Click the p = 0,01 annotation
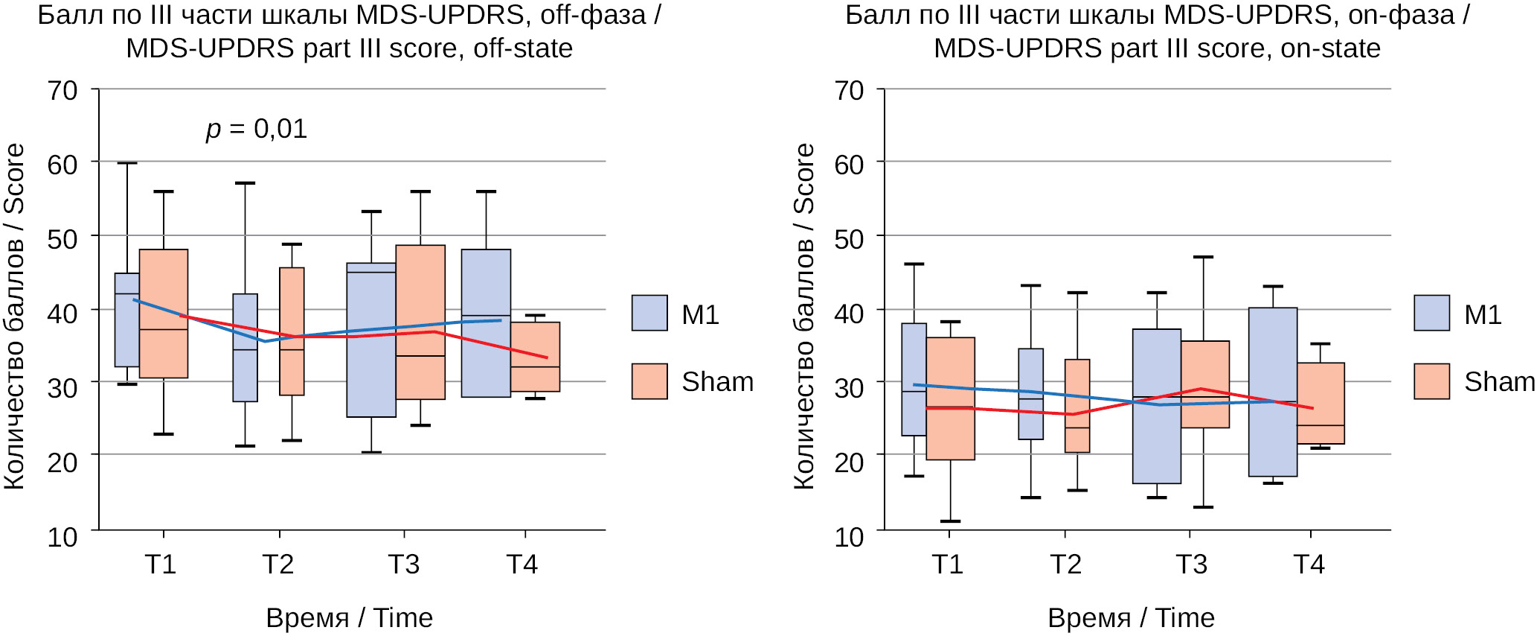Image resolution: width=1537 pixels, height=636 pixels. pos(257,130)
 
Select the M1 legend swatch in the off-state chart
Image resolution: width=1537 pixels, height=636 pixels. pos(649,313)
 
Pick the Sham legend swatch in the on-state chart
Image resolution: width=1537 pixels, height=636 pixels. pos(1431,381)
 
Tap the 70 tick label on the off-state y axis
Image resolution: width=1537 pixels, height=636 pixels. pos(62,91)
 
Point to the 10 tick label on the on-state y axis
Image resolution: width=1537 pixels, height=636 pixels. pos(849,537)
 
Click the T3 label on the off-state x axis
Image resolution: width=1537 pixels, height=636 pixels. pos(403,565)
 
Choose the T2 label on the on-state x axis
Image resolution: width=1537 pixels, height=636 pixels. pos(1065,565)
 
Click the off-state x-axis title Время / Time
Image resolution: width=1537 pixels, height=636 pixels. pos(349,618)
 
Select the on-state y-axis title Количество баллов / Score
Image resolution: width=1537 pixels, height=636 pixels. pos(804,317)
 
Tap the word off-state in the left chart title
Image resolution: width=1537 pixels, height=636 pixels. pos(523,48)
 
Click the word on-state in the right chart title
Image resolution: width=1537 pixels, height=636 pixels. pos(1330,48)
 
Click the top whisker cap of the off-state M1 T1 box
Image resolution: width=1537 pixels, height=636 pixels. pos(127,163)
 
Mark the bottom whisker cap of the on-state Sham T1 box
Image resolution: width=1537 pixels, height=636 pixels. pos(950,521)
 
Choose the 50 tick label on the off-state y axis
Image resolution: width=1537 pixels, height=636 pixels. pos(62,239)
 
